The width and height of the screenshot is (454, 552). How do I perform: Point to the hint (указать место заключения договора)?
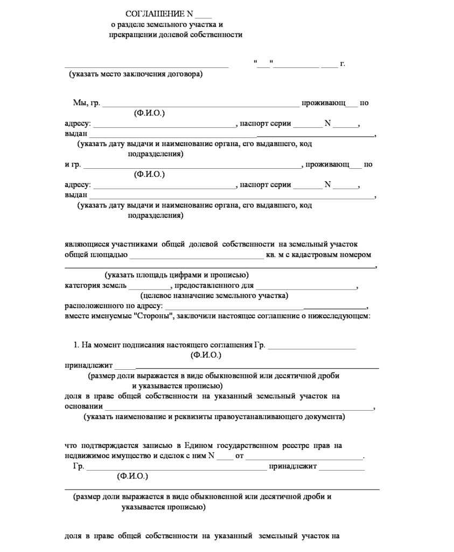[136, 74]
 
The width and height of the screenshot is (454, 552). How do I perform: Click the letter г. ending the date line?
[343, 64]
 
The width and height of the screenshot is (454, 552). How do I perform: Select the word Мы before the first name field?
[79, 103]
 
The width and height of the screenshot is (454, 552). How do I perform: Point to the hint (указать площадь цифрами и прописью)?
[177, 275]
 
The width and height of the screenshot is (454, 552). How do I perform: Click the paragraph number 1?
[75, 345]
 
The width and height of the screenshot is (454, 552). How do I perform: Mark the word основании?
[83, 406]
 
